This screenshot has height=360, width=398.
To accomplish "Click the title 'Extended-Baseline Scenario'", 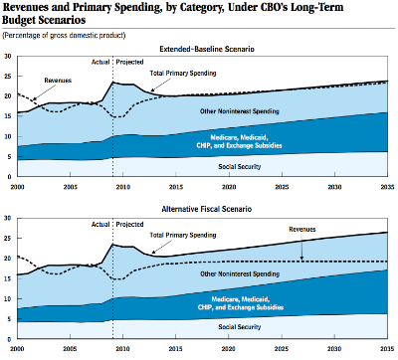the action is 207,49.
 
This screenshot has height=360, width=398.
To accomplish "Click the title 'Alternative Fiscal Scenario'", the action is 207,209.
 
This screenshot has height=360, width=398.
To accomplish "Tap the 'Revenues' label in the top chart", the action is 58,81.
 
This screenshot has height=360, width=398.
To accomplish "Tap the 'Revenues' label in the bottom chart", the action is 302,230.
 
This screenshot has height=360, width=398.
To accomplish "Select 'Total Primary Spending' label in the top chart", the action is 183,74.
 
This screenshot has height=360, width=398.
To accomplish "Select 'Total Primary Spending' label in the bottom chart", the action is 183,236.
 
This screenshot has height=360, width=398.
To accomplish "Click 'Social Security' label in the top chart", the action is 240,166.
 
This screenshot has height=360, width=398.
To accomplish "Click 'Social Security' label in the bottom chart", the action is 240,327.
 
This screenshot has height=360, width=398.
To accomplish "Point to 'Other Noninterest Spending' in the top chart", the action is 239,111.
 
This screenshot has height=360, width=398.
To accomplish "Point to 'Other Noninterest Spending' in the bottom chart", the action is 240,274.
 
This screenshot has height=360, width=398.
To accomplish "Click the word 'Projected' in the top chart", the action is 129,62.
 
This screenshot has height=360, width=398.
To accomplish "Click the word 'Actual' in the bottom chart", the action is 100,225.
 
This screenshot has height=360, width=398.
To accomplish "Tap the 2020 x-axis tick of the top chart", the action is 229,187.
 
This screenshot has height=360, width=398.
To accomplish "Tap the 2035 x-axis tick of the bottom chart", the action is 387,349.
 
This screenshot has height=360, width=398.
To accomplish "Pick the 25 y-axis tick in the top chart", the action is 8,77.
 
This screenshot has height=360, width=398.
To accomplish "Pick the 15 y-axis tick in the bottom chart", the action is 8,278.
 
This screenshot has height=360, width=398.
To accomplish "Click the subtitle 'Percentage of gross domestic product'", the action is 64,35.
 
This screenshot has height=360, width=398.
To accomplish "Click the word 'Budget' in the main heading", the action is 19,20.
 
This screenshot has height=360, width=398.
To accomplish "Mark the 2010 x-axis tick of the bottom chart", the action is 123,349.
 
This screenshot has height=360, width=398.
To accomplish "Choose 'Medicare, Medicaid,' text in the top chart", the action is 239,137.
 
